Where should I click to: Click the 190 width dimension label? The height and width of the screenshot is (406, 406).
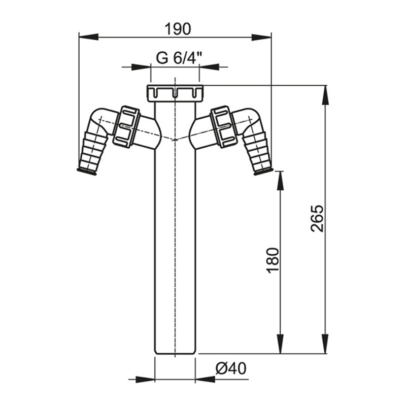click(x=178, y=29)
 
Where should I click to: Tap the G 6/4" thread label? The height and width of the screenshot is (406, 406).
click(x=179, y=58)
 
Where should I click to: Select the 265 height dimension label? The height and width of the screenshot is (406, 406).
click(x=318, y=219)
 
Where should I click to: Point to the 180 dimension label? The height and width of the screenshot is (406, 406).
click(x=273, y=261)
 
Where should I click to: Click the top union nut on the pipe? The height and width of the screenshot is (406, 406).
click(x=175, y=93)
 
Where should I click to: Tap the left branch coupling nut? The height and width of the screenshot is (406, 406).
click(x=126, y=126)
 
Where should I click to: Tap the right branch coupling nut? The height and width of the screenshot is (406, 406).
click(x=224, y=126)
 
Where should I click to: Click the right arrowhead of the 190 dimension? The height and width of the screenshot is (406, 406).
click(x=261, y=37)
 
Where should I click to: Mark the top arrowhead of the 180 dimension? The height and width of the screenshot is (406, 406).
click(x=280, y=181)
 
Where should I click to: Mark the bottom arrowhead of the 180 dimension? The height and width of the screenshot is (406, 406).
click(x=280, y=344)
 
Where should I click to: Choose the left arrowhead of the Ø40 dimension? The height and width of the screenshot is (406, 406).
click(x=145, y=380)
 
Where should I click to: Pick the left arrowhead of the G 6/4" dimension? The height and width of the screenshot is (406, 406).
click(x=141, y=67)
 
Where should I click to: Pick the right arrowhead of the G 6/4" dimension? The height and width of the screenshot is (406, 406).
click(x=209, y=67)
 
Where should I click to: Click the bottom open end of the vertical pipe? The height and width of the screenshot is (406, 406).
click(x=175, y=353)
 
